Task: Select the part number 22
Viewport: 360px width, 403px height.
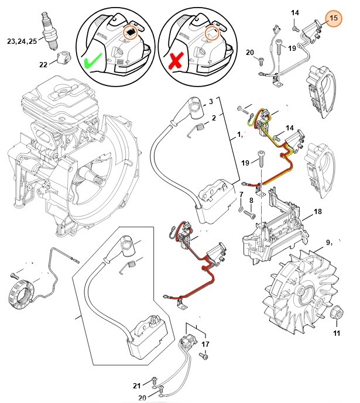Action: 43,64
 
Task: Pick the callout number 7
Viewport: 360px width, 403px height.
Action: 241,194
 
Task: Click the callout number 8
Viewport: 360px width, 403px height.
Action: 252,200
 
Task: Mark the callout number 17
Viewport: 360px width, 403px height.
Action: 205,345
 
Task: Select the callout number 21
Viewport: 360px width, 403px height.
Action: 136,385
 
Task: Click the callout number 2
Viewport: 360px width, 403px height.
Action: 214,118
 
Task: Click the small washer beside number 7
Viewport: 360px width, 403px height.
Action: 241,208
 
